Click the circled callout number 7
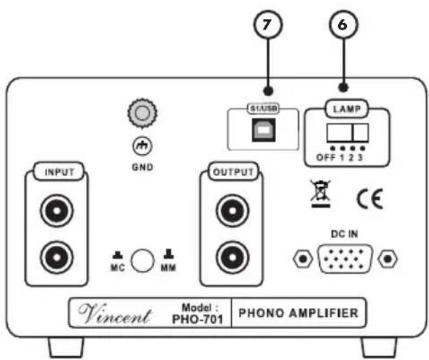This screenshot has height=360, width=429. [x=267, y=24]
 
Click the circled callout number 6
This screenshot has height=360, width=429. [x=343, y=24]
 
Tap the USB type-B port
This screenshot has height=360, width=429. [x=264, y=130]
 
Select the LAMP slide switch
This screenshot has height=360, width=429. [x=348, y=133]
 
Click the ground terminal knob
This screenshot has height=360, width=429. [x=142, y=113]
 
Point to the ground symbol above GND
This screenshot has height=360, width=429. [x=142, y=146]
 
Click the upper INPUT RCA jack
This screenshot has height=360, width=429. [x=57, y=210]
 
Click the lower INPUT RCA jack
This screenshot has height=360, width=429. [x=57, y=258]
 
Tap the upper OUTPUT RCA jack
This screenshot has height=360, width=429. [x=232, y=210]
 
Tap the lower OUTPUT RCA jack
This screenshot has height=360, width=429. [x=232, y=258]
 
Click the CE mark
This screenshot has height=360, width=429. [x=370, y=199]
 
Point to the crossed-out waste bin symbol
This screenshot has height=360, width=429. [x=321, y=193]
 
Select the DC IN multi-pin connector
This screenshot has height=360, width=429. [x=345, y=259]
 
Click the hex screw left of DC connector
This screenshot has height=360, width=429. [x=303, y=259]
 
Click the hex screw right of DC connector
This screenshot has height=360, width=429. [x=387, y=259]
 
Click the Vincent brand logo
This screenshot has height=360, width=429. [x=114, y=313]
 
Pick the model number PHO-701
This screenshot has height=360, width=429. [x=197, y=319]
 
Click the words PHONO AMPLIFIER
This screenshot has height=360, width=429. [x=298, y=313]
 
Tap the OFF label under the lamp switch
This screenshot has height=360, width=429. [x=325, y=158]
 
